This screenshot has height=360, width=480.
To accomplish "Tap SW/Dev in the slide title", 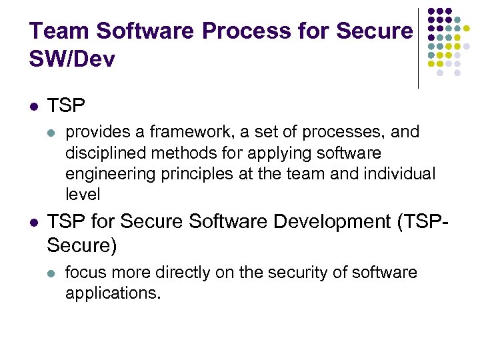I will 72,59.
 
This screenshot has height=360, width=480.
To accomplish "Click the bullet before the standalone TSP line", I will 33,106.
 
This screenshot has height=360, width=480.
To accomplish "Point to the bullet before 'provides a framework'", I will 52,133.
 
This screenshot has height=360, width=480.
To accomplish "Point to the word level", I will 82,195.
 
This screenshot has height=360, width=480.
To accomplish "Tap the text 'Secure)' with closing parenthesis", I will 82,247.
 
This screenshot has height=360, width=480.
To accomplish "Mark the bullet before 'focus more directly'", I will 52,273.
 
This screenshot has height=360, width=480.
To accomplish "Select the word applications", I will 113,293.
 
